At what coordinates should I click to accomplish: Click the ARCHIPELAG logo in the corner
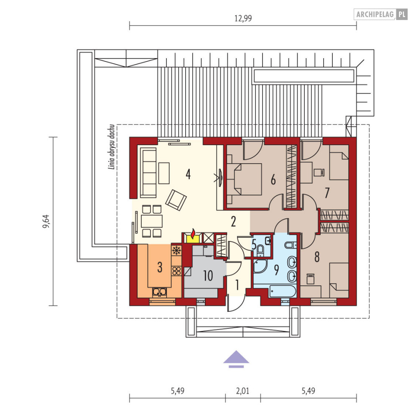pyautogui.click(x=380, y=14)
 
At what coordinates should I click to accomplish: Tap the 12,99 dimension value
pyautogui.click(x=243, y=18)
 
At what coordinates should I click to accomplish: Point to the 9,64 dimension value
pyautogui.click(x=46, y=221)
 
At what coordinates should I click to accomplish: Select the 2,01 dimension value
pyautogui.click(x=242, y=391)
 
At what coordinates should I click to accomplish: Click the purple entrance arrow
pyautogui.click(x=236, y=359)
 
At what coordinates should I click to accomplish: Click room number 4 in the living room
pyautogui.click(x=188, y=174)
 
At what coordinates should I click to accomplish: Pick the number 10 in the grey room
pyautogui.click(x=208, y=276)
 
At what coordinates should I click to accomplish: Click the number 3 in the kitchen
pyautogui.click(x=160, y=267)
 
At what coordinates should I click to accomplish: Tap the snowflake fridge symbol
pyautogui.click(x=176, y=251)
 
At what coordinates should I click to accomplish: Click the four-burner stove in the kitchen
pyautogui.click(x=176, y=271)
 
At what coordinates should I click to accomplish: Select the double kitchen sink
pyautogui.click(x=160, y=292)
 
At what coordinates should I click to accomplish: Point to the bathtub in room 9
pyautogui.click(x=282, y=291)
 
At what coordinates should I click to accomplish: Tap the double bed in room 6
pyautogui.click(x=244, y=180)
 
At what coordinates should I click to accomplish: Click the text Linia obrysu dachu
pyautogui.click(x=112, y=147)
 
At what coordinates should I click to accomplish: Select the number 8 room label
pyautogui.click(x=317, y=257)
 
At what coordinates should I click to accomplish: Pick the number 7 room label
pyautogui.click(x=327, y=193)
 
